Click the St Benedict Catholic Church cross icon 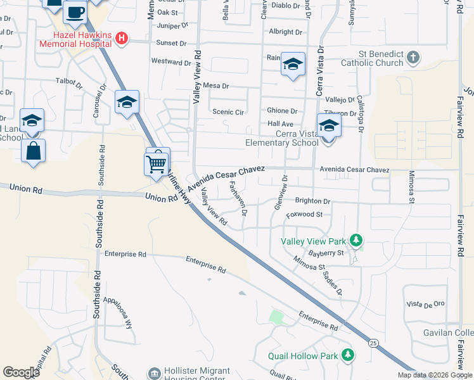click(x=413, y=58)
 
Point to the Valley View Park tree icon click(x=357, y=241)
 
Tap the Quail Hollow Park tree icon click(x=347, y=355)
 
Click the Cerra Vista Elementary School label click(x=282, y=138)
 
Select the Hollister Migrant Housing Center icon click(x=154, y=374)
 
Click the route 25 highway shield click(x=373, y=343)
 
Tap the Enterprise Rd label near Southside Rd click(x=125, y=254)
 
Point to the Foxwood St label click(x=304, y=215)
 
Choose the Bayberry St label click(x=327, y=253)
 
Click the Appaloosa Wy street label click(x=120, y=313)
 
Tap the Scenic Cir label click(x=227, y=111)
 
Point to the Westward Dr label click(x=171, y=63)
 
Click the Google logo click(x=21, y=372)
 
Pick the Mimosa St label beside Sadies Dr click(x=309, y=263)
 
